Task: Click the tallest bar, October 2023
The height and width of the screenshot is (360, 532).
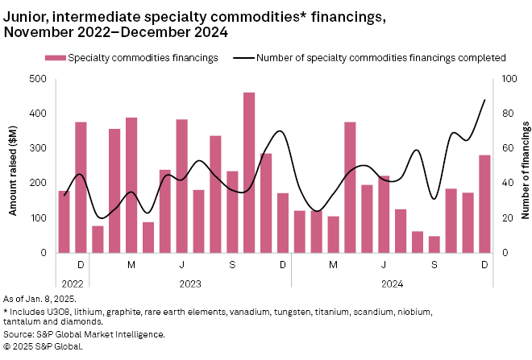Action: (x=249, y=172)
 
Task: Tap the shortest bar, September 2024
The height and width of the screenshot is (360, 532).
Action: (x=434, y=244)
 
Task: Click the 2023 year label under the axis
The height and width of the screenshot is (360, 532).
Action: (x=190, y=283)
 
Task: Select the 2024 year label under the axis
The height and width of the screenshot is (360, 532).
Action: (x=392, y=283)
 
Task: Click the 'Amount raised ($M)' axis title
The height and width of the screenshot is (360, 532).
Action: (x=14, y=166)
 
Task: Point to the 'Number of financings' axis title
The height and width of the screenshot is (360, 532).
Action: (x=524, y=166)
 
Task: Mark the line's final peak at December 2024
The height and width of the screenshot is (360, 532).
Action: (x=484, y=100)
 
